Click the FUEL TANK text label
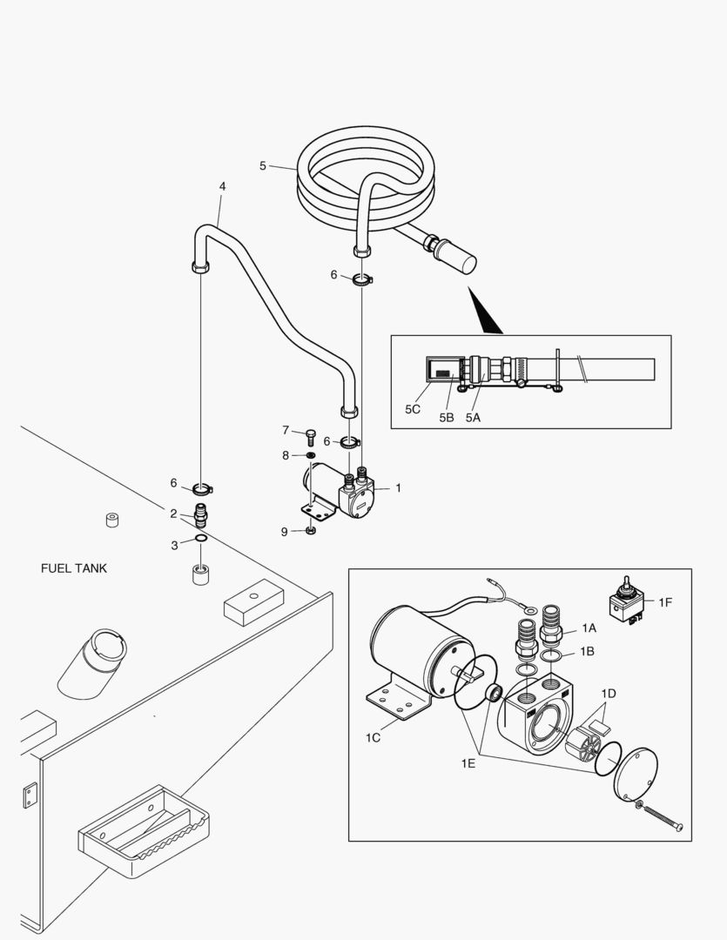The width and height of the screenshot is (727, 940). [74, 568]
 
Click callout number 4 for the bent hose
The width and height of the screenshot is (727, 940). [222, 186]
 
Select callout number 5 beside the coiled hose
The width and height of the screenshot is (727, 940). [263, 164]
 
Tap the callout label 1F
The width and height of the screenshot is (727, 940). [665, 601]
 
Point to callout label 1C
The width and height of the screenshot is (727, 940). [373, 737]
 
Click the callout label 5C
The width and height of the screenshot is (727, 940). [413, 408]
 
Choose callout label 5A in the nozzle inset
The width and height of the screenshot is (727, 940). [473, 417]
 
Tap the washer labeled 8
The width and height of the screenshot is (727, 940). [311, 455]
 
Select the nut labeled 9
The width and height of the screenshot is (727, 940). [312, 530]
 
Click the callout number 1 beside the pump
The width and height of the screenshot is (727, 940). [398, 488]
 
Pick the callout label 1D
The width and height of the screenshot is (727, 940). [608, 693]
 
